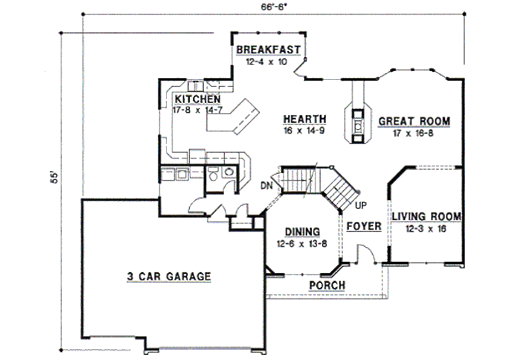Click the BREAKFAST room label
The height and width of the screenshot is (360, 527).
pyautogui.click(x=268, y=49)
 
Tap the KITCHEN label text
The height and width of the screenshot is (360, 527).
pyautogui.click(x=198, y=99)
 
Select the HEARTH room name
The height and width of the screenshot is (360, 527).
pyautogui.click(x=305, y=119)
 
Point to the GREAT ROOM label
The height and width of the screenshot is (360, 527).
pyautogui.click(x=414, y=121)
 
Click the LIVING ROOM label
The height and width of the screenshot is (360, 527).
pyautogui.click(x=427, y=217)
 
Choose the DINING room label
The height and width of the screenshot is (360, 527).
pyautogui.click(x=303, y=232)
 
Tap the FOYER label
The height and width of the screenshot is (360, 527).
pyautogui.click(x=364, y=226)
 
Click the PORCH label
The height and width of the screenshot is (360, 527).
pyautogui.click(x=327, y=285)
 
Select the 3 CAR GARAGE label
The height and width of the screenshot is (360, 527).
pyautogui.click(x=169, y=276)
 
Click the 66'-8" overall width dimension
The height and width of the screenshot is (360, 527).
pyautogui.click(x=273, y=7)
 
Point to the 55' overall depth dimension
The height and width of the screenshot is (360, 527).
pyautogui.click(x=55, y=177)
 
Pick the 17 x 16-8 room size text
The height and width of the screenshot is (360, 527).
pyautogui.click(x=413, y=133)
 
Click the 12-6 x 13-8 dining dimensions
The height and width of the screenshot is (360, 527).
pyautogui.click(x=302, y=244)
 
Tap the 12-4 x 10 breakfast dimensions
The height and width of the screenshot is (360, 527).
pyautogui.click(x=267, y=62)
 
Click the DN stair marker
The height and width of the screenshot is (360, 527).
pyautogui.click(x=267, y=185)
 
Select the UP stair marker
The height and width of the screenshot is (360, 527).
pyautogui.click(x=361, y=205)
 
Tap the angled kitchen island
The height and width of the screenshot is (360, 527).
pyautogui.click(x=233, y=117)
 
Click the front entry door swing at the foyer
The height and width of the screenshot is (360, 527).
pyautogui.click(x=366, y=254)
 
